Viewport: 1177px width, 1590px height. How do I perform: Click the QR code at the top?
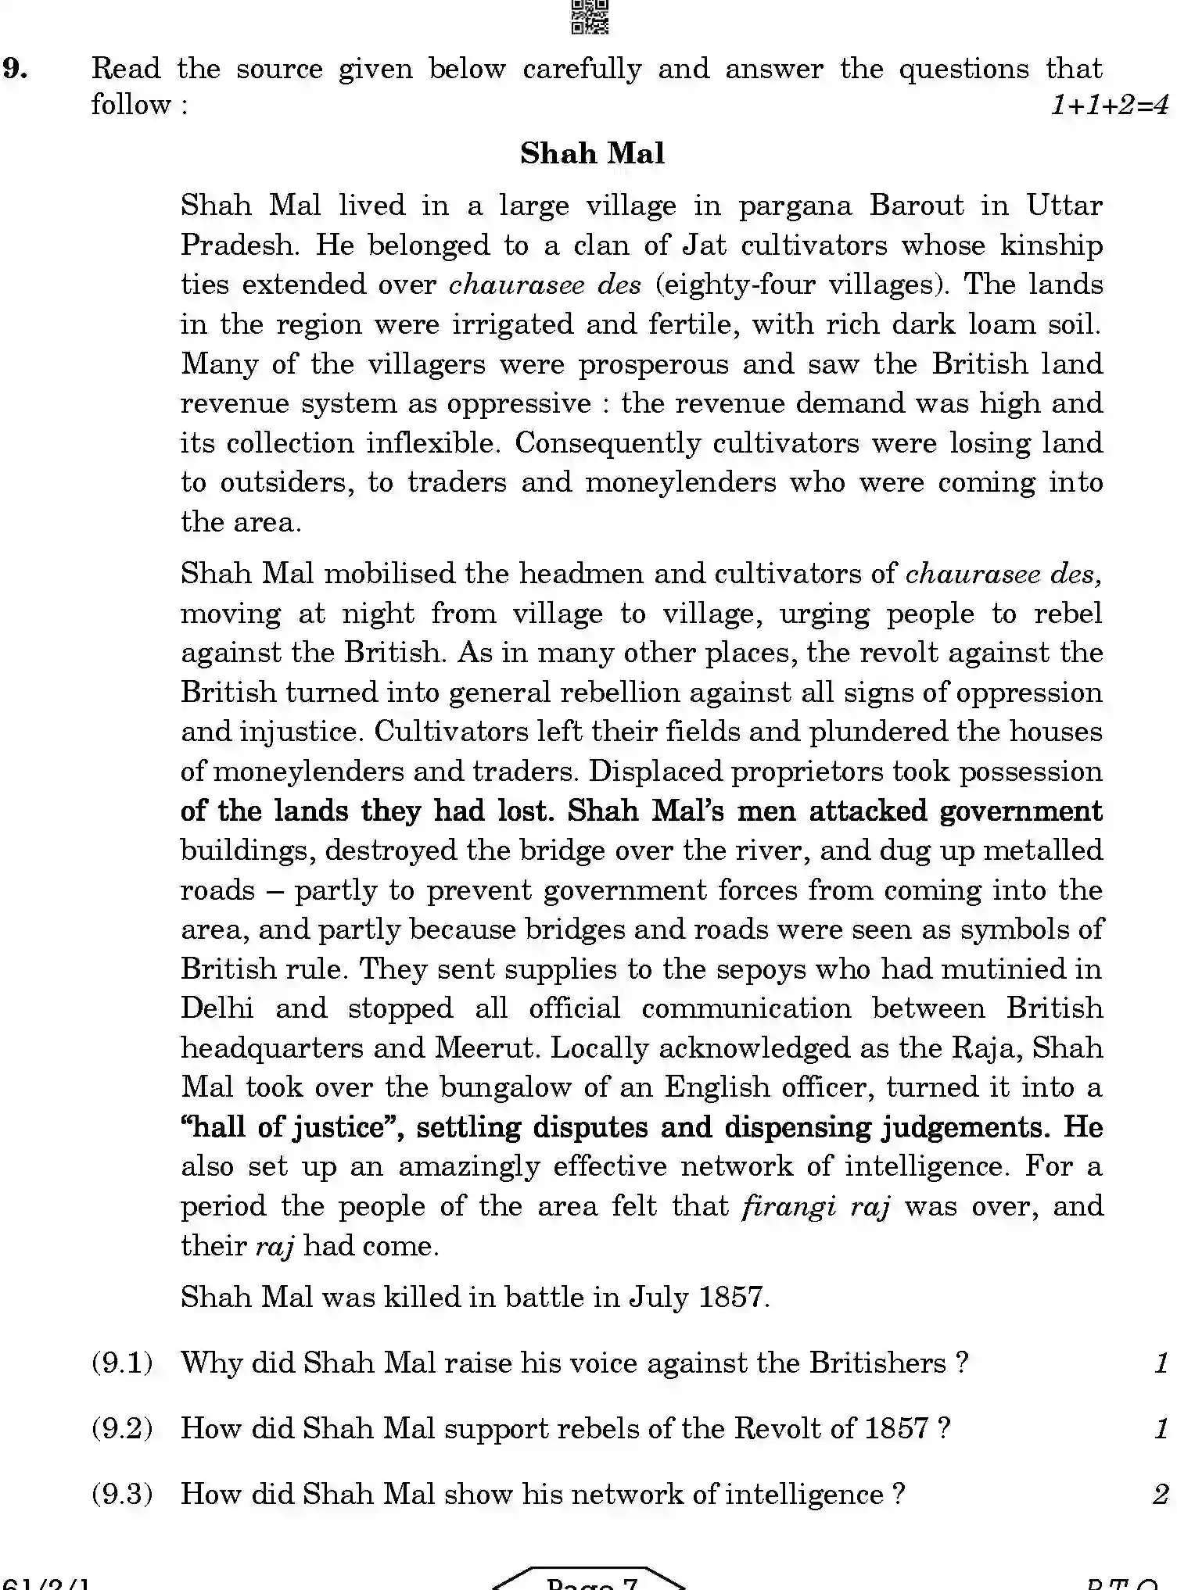point(590,17)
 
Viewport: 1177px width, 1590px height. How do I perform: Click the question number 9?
point(16,69)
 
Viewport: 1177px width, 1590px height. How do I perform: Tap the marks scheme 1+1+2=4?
point(1109,104)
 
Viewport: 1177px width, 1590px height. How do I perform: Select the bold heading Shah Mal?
point(592,153)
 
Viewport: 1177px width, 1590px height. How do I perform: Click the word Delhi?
point(217,1008)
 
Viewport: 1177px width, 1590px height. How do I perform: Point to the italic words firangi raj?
point(816,1206)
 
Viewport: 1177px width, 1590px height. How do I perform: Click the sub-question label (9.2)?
point(121,1429)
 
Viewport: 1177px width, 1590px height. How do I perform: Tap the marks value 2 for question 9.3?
point(1161,1494)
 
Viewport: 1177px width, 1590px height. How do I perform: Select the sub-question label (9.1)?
point(121,1363)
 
